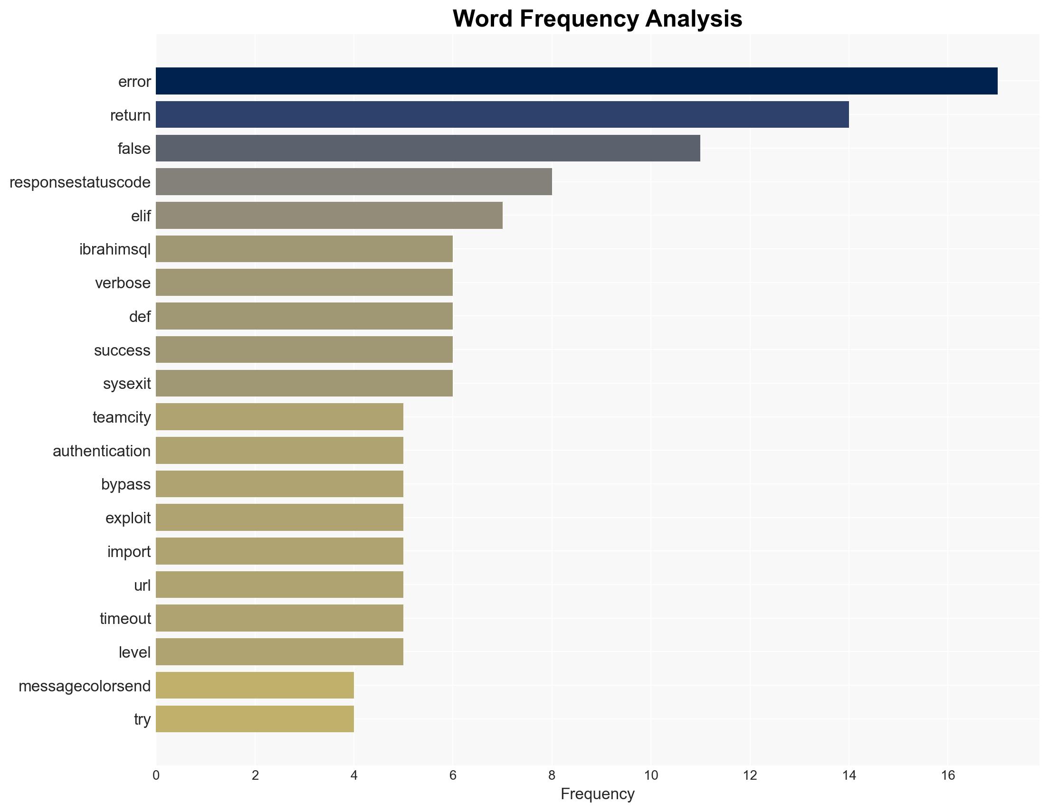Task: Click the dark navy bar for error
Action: pos(576,81)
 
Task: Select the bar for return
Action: pos(502,115)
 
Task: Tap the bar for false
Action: pos(428,148)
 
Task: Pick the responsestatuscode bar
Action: pos(353,182)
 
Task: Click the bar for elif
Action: pos(329,216)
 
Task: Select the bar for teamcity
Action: pos(279,417)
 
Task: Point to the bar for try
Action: pos(255,719)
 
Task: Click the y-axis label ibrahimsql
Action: pos(115,249)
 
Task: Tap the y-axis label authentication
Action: pos(101,451)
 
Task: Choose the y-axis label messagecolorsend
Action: pos(85,686)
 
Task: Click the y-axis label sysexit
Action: pos(127,384)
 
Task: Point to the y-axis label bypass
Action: pos(126,484)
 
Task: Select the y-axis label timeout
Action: pos(125,618)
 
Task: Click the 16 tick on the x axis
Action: pos(948,775)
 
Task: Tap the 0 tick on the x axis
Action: pos(156,775)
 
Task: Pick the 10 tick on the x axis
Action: pos(651,775)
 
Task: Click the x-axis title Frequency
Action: pos(598,794)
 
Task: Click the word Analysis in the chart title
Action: pos(694,19)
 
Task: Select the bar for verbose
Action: pos(304,283)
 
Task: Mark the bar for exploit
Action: pos(279,518)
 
